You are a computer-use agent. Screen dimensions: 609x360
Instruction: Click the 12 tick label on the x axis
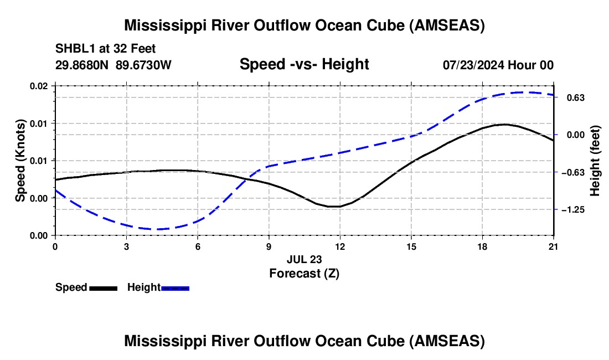340,246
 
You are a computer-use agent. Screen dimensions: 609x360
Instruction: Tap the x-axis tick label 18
482,246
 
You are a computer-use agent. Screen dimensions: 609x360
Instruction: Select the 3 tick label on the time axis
127,246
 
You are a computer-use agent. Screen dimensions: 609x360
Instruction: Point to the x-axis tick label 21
553,246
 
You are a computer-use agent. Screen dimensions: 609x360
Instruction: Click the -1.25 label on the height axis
573,210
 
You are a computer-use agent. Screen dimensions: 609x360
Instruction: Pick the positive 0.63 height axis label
576,97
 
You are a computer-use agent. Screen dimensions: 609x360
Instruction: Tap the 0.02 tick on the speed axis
39,86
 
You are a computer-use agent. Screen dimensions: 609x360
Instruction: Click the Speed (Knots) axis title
20,161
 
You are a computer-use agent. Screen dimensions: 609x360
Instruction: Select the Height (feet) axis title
595,161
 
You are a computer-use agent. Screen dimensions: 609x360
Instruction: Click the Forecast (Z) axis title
304,274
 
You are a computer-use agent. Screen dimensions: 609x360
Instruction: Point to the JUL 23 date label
304,259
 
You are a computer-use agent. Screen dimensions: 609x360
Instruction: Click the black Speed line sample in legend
104,288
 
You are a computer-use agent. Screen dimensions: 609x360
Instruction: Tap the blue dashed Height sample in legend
175,288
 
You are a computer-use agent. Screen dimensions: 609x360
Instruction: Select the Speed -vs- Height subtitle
304,64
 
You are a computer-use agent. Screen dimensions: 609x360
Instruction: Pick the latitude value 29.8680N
82,65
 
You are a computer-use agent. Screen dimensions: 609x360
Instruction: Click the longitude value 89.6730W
144,65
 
